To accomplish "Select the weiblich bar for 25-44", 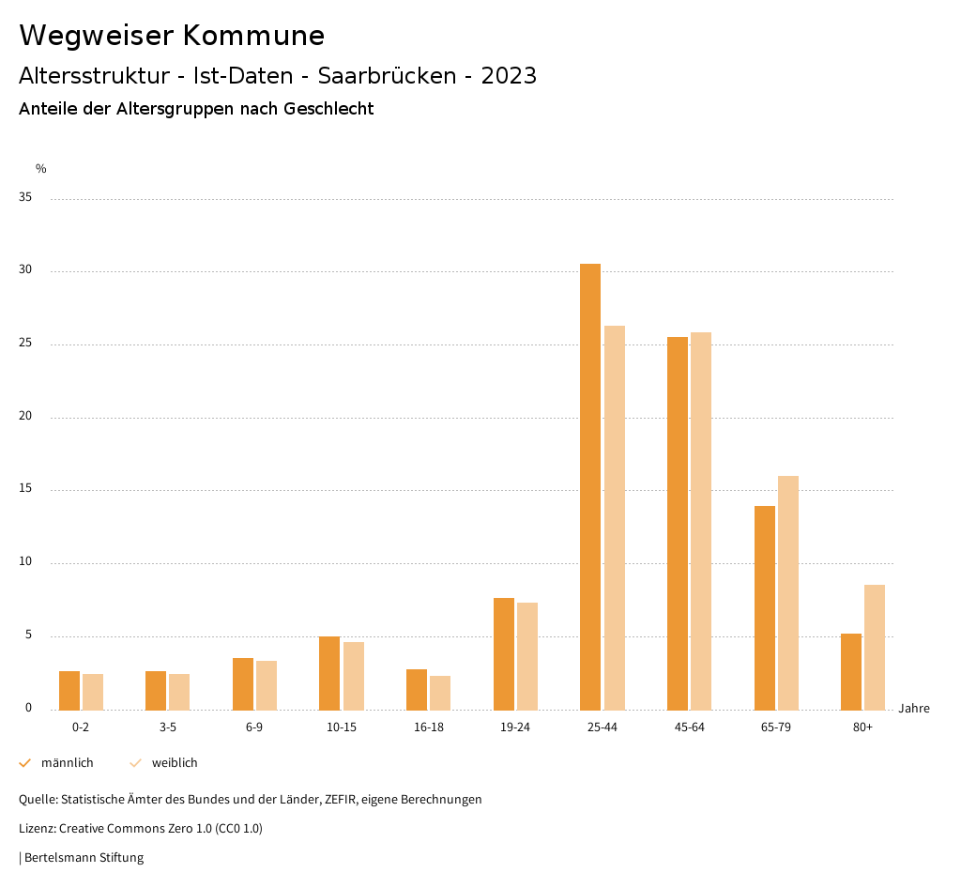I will tap(615, 517).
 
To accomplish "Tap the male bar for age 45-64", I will tap(678, 523).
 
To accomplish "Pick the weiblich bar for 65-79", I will tap(788, 592).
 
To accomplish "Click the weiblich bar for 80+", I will tap(875, 647).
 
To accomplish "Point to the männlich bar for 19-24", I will tap(504, 653).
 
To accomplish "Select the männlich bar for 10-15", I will tap(329, 673).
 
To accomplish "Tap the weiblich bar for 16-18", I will tap(440, 693).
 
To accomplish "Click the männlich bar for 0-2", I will tap(69, 690).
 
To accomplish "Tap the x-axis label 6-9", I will tap(254, 727).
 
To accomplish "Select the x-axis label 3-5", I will tap(167, 727).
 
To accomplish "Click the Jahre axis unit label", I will tap(913, 709).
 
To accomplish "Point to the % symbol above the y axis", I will tap(40, 169).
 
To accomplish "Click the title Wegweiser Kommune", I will tap(172, 36).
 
